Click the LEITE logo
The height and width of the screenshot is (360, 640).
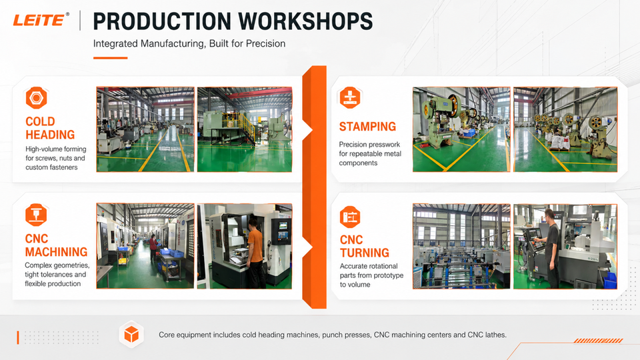point(41,20)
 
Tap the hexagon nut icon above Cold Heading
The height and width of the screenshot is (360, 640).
point(36,98)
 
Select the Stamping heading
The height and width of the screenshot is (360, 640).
point(367,127)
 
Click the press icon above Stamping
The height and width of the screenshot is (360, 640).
point(350,97)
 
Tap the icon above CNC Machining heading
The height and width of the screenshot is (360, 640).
point(36,215)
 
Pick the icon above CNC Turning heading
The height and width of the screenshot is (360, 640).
point(350,217)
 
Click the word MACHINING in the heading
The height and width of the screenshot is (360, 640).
point(56,252)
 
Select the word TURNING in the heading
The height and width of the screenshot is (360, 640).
point(365,253)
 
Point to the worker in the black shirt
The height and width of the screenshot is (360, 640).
point(551,249)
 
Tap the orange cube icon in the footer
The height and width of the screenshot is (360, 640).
point(131,335)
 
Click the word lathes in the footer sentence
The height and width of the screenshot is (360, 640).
point(495,335)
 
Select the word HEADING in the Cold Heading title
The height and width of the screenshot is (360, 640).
point(50,135)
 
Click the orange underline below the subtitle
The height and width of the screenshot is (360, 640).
point(110,58)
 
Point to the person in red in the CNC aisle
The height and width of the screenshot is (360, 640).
point(153,247)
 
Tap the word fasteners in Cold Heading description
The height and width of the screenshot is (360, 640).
point(64,167)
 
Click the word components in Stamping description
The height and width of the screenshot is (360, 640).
point(358,163)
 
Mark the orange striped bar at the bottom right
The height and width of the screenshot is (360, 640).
point(599,341)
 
